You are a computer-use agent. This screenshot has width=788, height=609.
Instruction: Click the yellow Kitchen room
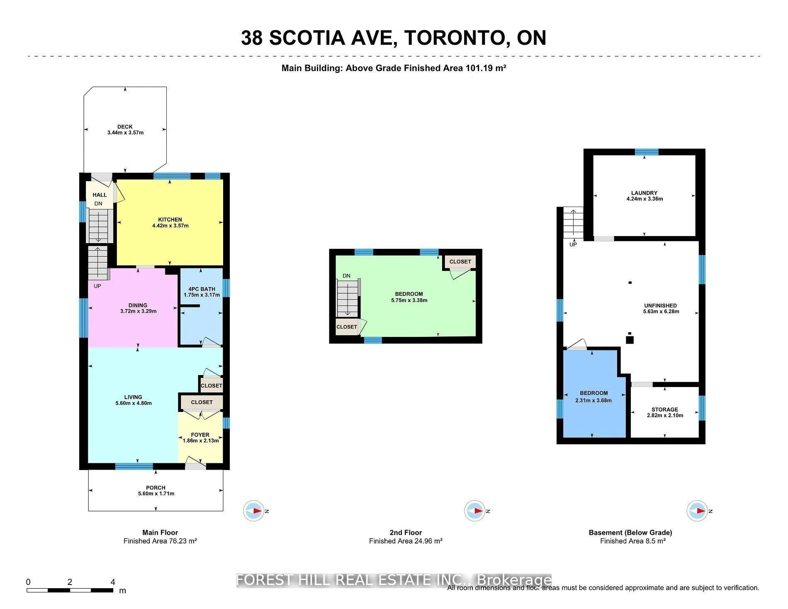pyautogui.click(x=170, y=241)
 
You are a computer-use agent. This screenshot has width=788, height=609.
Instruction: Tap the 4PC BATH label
pyautogui.click(x=202, y=289)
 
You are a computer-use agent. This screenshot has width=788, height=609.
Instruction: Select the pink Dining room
pyautogui.click(x=133, y=324)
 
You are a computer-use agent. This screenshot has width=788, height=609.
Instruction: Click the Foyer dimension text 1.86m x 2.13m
pyautogui.click(x=201, y=441)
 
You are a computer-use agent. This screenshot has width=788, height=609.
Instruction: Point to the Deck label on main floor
pyautogui.click(x=125, y=127)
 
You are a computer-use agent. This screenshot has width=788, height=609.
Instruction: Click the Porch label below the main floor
pyautogui.click(x=156, y=488)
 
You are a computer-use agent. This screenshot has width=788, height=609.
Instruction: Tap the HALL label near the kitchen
pyautogui.click(x=100, y=195)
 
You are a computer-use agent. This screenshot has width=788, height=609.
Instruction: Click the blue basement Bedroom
pyautogui.click(x=593, y=411)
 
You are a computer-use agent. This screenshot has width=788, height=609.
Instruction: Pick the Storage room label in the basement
pyautogui.click(x=664, y=409)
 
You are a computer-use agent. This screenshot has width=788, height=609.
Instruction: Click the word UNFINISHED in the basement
pyautogui.click(x=660, y=306)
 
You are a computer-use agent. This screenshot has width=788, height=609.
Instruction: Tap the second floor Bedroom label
pyautogui.click(x=409, y=294)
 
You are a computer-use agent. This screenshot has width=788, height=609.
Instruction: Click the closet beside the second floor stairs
pyautogui.click(x=347, y=327)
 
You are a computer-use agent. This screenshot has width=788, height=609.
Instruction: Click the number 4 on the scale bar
pyautogui.click(x=113, y=582)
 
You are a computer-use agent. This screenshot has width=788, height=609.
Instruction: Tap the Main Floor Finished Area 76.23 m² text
pyautogui.click(x=160, y=541)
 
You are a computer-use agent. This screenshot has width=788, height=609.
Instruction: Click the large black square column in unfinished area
pyautogui.click(x=630, y=340)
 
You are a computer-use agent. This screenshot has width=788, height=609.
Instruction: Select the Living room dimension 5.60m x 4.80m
pyautogui.click(x=134, y=403)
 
